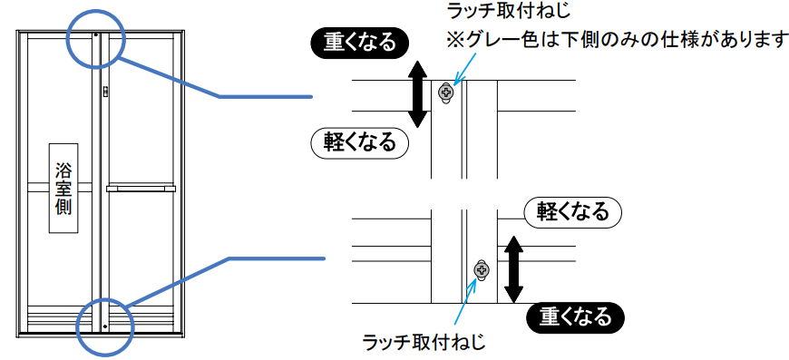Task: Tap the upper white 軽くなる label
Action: point(359,143)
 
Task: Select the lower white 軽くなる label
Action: point(573,214)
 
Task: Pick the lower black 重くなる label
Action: point(576,317)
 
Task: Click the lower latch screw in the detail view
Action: point(482,271)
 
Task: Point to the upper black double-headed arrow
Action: point(418,96)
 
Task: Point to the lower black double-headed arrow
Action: point(512,270)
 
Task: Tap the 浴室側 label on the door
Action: point(63,188)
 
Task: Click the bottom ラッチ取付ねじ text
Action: point(424,344)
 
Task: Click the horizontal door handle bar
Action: point(141,189)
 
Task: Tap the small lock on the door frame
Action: point(106,91)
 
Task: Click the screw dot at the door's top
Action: point(95,35)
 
